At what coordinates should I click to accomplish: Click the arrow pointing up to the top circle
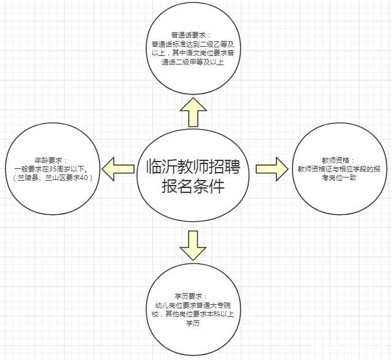coord(193,114)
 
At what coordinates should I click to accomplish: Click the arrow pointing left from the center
coord(119,168)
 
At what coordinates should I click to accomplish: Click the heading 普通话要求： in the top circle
coord(192,34)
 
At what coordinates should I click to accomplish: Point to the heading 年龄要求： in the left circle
coord(51,158)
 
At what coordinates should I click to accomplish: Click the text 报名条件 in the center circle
coord(193,186)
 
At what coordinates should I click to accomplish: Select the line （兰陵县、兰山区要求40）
coord(51,178)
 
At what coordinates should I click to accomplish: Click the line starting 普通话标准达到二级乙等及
coord(192,44)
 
